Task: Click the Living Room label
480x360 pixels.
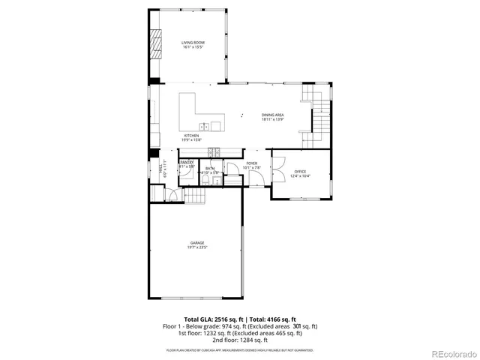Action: (x=193, y=43)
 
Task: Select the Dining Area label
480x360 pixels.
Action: (x=272, y=114)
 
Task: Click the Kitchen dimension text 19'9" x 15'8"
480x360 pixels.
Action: (x=192, y=140)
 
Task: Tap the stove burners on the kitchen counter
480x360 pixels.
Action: (x=213, y=150)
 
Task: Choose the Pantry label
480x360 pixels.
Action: (x=187, y=162)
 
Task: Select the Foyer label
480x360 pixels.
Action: (x=252, y=163)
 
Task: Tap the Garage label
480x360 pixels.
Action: (x=197, y=243)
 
